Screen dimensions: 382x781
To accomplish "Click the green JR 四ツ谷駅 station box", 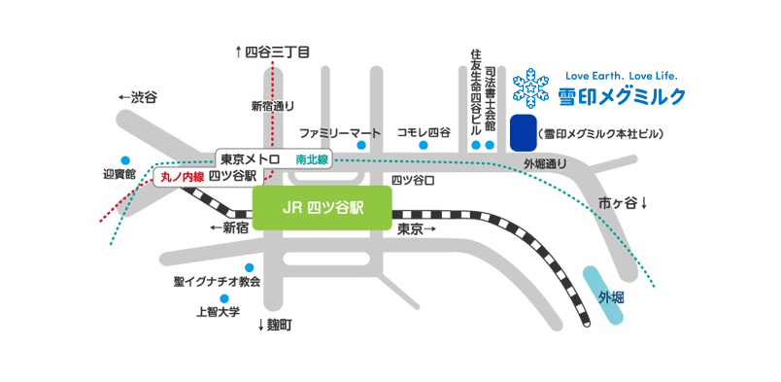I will click(322, 206).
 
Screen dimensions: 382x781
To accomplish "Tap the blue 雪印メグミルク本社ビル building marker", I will click(523, 132).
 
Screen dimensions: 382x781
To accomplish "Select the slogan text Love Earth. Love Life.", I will click(620, 75).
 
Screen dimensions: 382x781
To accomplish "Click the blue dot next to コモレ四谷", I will click(424, 146).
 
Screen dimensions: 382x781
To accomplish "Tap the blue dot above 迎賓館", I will click(124, 160).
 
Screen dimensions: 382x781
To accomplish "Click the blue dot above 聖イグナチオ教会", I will click(250, 267).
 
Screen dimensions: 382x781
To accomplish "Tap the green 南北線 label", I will click(313, 157).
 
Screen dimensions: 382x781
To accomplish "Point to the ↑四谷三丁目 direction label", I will click(272, 52).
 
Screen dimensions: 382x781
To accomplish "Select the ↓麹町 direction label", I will click(274, 324).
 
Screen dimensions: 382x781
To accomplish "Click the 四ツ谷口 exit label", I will click(412, 180).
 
